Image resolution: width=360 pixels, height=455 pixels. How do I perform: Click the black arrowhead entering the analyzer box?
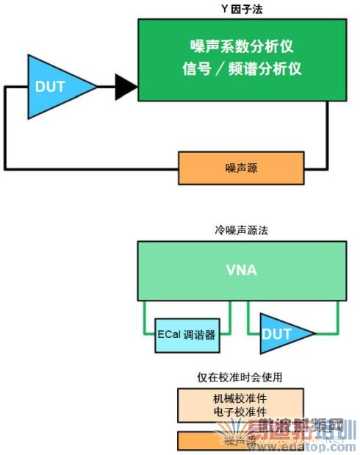pos(126,87)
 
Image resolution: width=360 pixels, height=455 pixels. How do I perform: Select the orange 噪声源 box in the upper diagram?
pos(241,168)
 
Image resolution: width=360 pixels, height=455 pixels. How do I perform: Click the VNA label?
pos(241,270)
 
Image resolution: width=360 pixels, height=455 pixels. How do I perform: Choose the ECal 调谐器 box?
pos(187,334)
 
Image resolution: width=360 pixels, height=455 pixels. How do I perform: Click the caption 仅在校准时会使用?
pos(241,377)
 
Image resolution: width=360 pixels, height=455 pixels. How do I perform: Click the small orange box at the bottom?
pos(241,440)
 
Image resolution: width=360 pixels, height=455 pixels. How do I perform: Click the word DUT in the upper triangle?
pos(50,87)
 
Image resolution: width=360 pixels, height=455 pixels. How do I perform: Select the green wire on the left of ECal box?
pos(145,316)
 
